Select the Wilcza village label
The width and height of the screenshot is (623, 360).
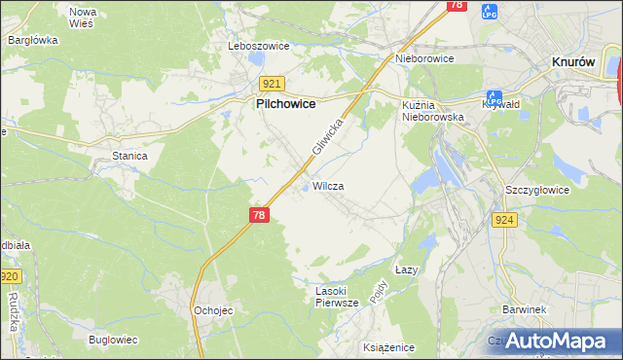point(328,186)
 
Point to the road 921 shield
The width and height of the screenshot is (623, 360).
point(273,85)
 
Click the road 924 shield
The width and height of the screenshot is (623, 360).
point(504,221)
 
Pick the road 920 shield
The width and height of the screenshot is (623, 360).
point(10,278)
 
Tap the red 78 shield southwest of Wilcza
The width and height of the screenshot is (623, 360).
point(258,215)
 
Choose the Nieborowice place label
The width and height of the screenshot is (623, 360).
point(425,58)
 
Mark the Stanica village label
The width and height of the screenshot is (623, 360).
point(129,156)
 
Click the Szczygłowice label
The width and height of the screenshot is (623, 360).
point(537,190)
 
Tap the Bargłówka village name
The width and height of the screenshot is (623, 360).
point(33,41)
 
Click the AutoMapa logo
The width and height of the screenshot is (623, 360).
point(556,342)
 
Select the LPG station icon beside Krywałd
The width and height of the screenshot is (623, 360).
point(494,98)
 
